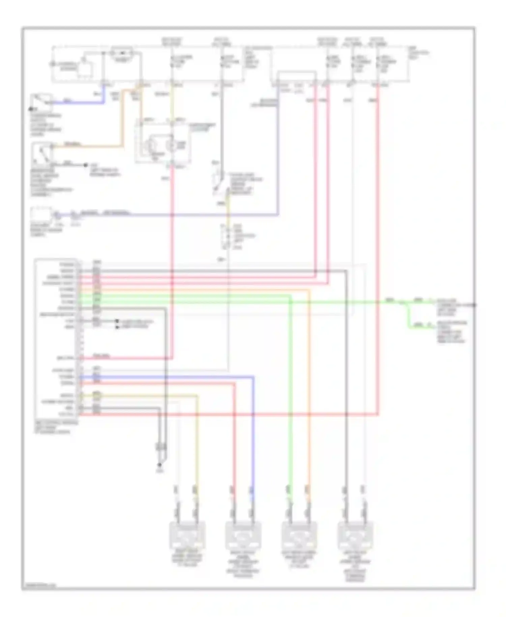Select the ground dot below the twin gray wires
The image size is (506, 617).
[160, 464]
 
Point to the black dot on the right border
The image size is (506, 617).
[474, 305]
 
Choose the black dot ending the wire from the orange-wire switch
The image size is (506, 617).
[85, 165]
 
